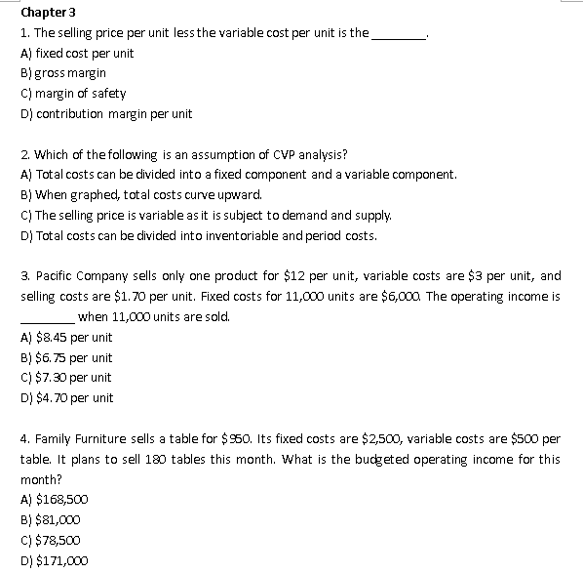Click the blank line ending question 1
click(401, 35)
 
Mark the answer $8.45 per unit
click(66, 338)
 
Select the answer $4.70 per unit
click(66, 398)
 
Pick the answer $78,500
click(59, 541)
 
